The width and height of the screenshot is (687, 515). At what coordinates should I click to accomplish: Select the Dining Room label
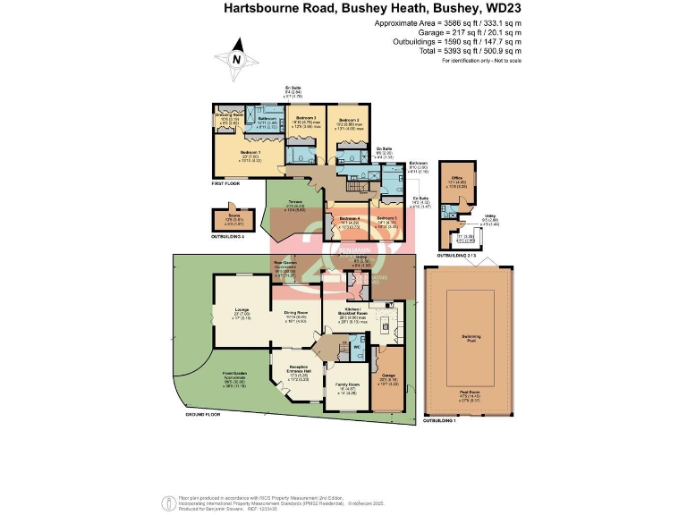(x=297, y=311)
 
